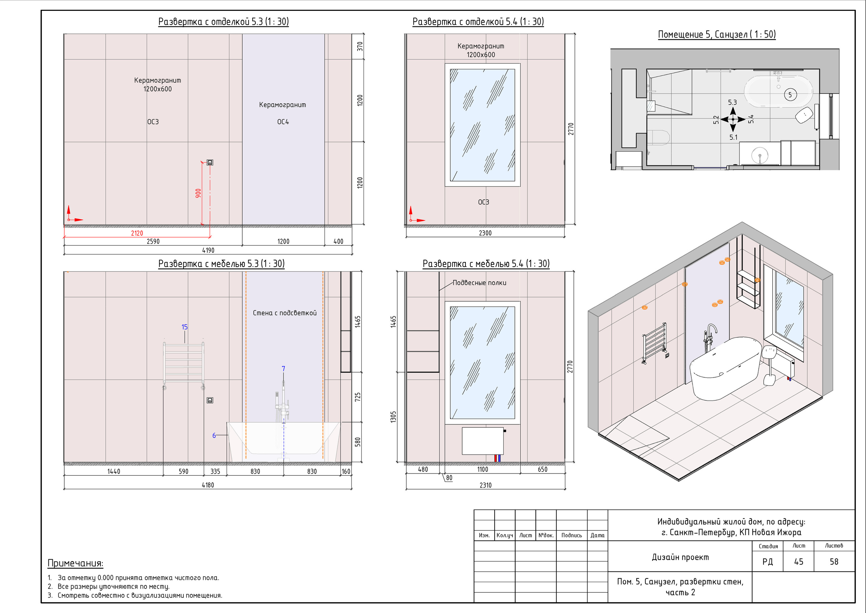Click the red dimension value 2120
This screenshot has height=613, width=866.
(137, 233)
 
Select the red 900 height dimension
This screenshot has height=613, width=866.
(198, 193)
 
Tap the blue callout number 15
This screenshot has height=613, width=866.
(184, 327)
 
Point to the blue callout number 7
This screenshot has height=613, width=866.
(283, 368)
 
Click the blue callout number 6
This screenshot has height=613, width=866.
(214, 435)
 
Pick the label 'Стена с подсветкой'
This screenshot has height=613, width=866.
(285, 313)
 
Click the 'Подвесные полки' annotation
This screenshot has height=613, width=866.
(479, 283)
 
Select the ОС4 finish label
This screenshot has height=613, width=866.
(283, 122)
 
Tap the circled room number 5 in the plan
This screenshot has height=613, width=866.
(790, 95)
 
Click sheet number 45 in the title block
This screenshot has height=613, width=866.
(798, 562)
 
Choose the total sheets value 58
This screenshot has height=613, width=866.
(834, 562)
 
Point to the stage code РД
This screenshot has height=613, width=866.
(768, 562)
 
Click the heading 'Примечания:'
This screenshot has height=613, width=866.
(75, 563)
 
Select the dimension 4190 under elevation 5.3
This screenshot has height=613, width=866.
(208, 250)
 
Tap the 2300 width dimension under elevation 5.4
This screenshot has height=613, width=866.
(485, 233)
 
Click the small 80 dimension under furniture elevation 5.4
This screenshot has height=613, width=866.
(449, 478)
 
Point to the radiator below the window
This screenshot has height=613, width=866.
(483, 441)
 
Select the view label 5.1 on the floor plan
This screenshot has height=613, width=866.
(733, 137)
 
